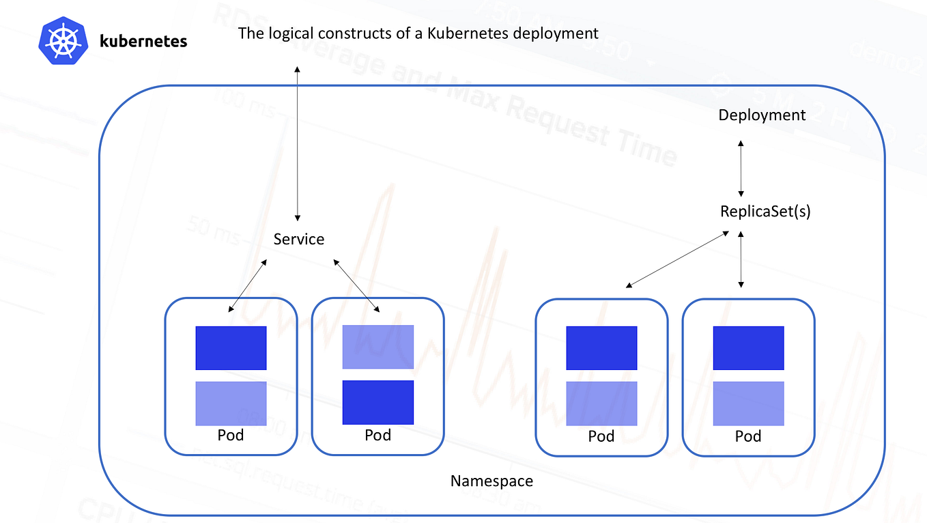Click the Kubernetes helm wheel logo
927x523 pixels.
(x=62, y=41)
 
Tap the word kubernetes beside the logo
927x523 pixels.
(x=143, y=41)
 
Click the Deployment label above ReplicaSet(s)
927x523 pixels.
(x=762, y=115)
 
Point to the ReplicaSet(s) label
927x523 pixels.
(x=765, y=211)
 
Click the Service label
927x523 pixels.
(x=298, y=239)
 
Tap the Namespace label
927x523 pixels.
(x=491, y=481)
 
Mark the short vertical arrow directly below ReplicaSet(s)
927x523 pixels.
(x=741, y=259)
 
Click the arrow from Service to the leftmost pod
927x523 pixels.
(x=248, y=285)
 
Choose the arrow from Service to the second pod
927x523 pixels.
(x=356, y=285)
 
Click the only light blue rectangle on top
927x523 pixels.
(x=378, y=347)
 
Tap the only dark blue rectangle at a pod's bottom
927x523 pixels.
(x=378, y=402)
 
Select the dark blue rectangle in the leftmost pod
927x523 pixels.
(x=231, y=348)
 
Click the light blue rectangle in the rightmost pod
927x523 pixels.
(x=748, y=403)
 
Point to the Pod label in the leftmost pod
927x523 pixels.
(x=231, y=435)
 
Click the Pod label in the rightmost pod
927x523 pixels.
(x=748, y=436)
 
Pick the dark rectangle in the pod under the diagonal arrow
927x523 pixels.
(x=601, y=348)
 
